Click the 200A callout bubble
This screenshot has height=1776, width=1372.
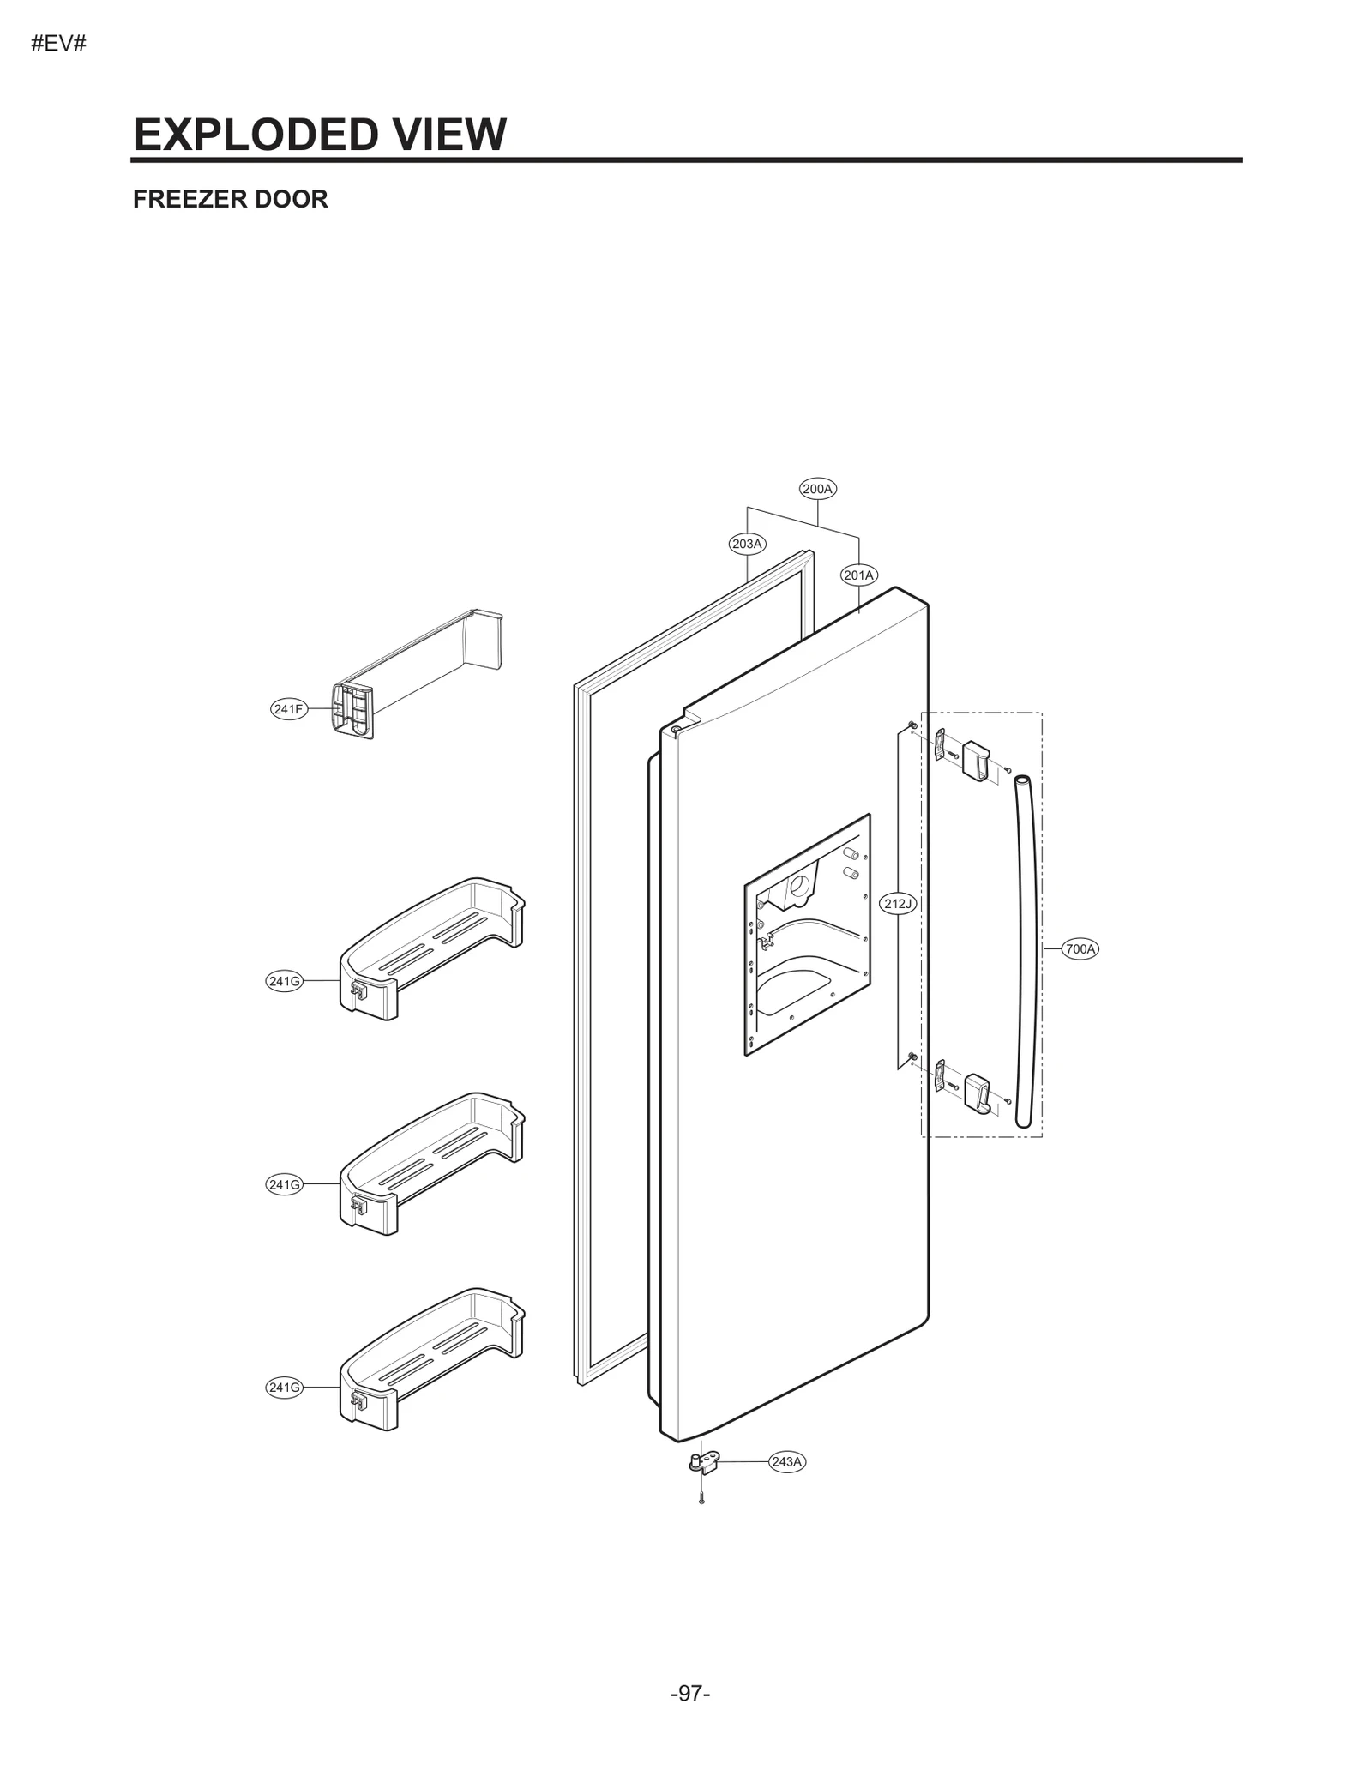click(x=817, y=489)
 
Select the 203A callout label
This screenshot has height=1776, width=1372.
click(x=747, y=544)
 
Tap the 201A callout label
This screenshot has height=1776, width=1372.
click(x=858, y=575)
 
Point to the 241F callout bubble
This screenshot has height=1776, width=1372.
click(x=288, y=709)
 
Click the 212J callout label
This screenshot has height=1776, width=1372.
click(x=899, y=903)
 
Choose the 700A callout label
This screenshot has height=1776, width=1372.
click(x=1080, y=948)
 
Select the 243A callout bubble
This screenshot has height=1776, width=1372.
click(x=786, y=1461)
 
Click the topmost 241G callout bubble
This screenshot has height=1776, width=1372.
click(x=284, y=981)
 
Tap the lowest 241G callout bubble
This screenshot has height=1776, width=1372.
click(x=284, y=1388)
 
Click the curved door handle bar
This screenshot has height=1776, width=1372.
click(x=1026, y=952)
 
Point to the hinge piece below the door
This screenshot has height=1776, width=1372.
click(x=704, y=1462)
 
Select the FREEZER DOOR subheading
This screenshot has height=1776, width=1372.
click(x=230, y=199)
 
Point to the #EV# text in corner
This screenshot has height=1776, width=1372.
click(x=58, y=44)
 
